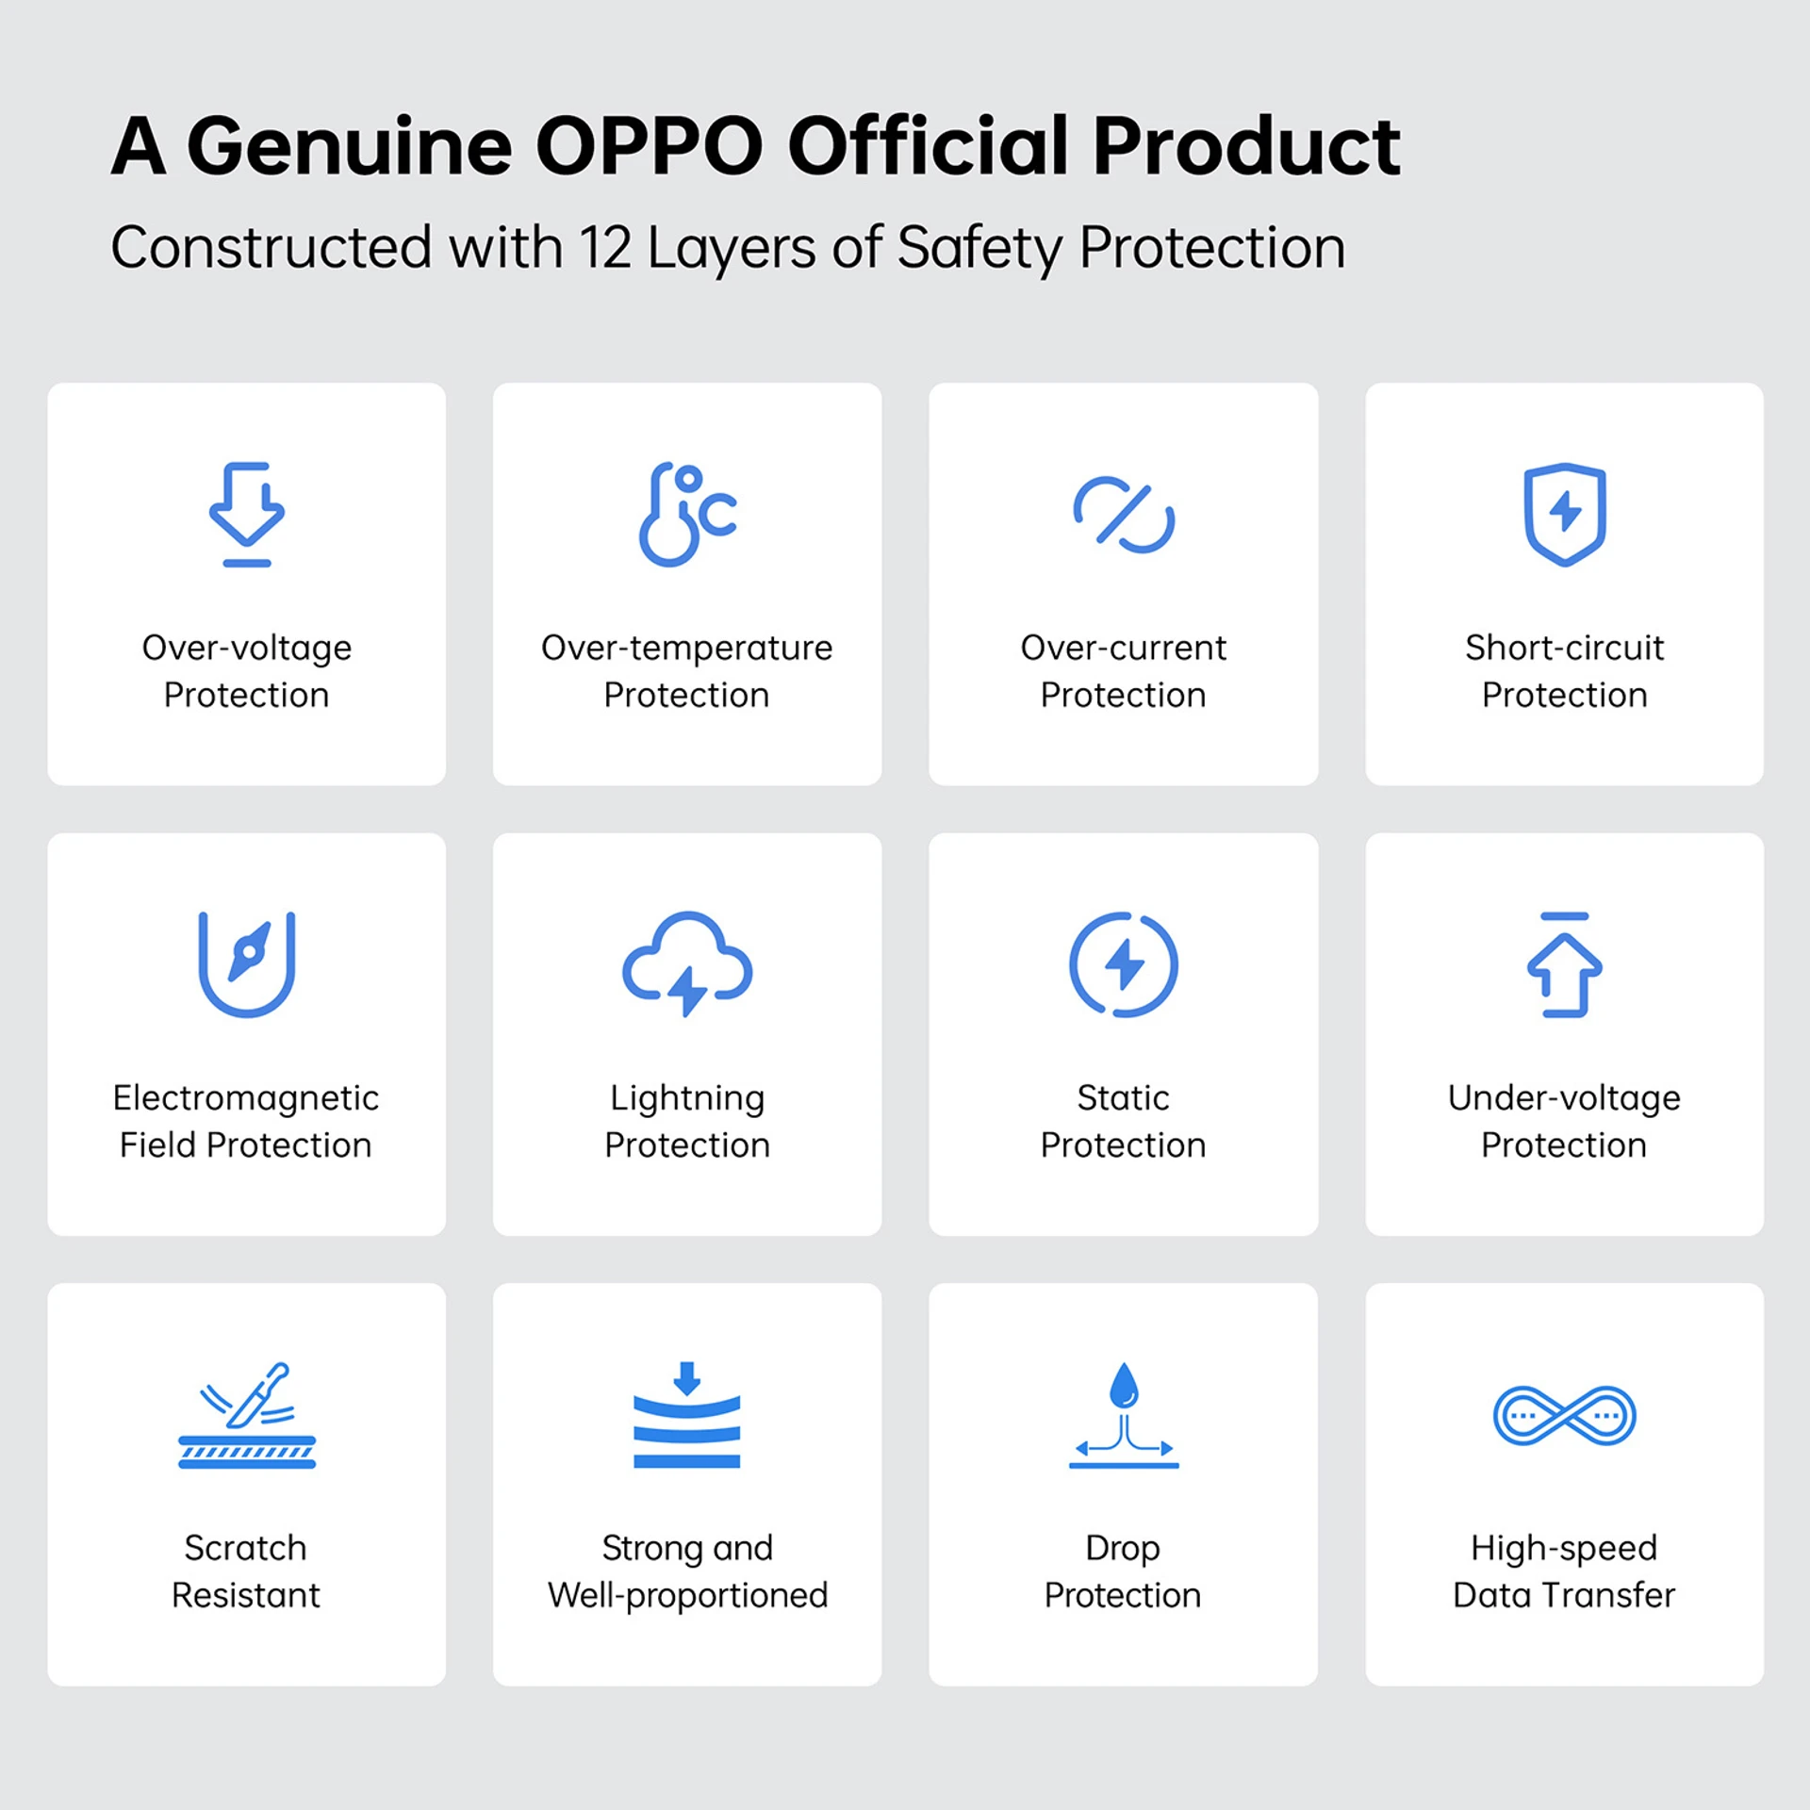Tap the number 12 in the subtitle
click(x=605, y=248)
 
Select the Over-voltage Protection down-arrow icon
click(x=247, y=515)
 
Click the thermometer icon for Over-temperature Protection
click(x=687, y=515)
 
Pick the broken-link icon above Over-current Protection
click(x=1124, y=515)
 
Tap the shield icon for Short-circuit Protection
click(x=1565, y=515)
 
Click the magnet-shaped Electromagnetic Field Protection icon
click(x=247, y=964)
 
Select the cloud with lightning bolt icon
click(x=687, y=964)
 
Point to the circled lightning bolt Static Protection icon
click(x=1124, y=964)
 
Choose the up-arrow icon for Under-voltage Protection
click(x=1565, y=964)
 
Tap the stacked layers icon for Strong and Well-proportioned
click(x=687, y=1415)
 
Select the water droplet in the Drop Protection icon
click(x=1124, y=1385)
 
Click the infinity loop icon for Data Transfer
click(x=1565, y=1415)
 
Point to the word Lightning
click(x=687, y=1099)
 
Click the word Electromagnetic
click(x=246, y=1097)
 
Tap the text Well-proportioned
click(x=688, y=1596)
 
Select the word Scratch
click(x=246, y=1548)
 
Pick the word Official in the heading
click(x=928, y=146)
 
